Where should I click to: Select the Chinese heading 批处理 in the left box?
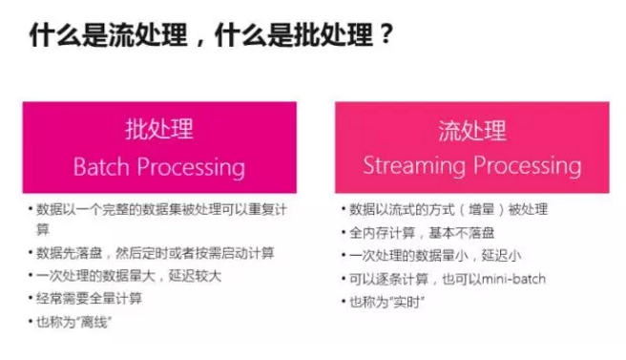click(158, 130)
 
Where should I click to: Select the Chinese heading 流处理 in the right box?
click(472, 130)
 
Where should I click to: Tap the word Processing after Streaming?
click(528, 167)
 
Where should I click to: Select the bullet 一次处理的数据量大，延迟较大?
click(123, 276)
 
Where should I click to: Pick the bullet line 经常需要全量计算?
click(90, 299)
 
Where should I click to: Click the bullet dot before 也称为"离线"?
click(31, 322)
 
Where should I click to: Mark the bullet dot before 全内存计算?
click(343, 232)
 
